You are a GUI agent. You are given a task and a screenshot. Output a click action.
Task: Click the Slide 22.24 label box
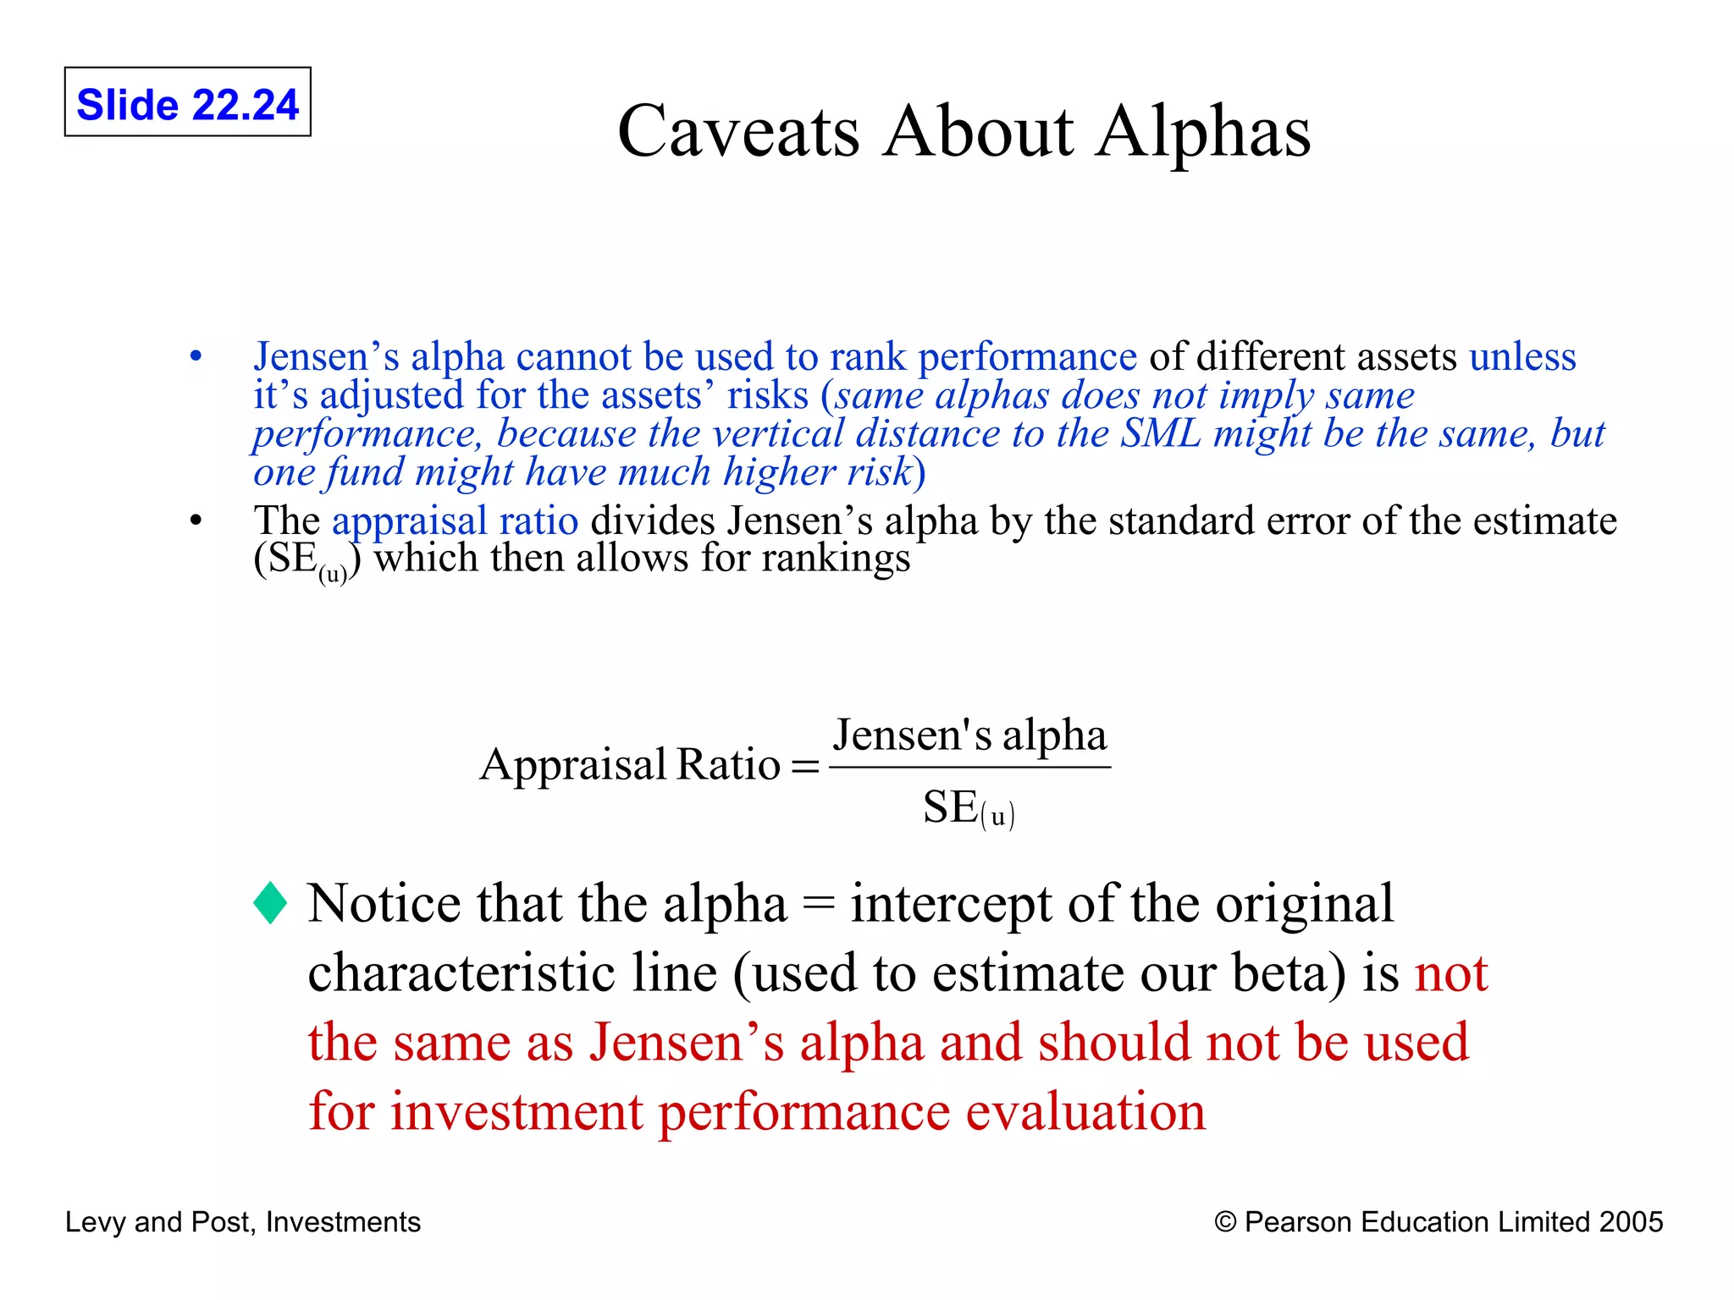pyautogui.click(x=187, y=102)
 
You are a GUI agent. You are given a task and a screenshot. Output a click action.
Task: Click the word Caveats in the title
pyautogui.click(x=738, y=132)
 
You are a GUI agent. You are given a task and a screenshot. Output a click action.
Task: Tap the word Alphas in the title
pyautogui.click(x=1202, y=132)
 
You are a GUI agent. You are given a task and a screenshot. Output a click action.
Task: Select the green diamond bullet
pyautogui.click(x=270, y=903)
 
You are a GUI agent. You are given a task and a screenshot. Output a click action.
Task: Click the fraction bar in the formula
pyautogui.click(x=969, y=767)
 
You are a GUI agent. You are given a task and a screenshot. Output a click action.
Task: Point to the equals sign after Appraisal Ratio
pyautogui.click(x=804, y=766)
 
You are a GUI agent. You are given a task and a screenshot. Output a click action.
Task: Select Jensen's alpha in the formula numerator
pyautogui.click(x=969, y=735)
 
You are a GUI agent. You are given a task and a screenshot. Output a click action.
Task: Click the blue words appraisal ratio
pyautogui.click(x=455, y=521)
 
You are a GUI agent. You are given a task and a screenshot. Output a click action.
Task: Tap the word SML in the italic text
pyautogui.click(x=1160, y=433)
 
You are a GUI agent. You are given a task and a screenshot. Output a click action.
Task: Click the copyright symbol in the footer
pyautogui.click(x=1224, y=1221)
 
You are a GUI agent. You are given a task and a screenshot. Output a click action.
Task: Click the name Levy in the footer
pyautogui.click(x=96, y=1221)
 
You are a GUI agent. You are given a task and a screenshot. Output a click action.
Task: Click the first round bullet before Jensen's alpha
pyautogui.click(x=196, y=357)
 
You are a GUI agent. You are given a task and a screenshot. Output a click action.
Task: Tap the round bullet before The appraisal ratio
pyautogui.click(x=196, y=521)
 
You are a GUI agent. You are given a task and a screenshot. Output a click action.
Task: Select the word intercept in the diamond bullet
pyautogui.click(x=951, y=903)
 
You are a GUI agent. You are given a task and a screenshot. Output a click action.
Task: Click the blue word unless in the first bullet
pyautogui.click(x=1522, y=357)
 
